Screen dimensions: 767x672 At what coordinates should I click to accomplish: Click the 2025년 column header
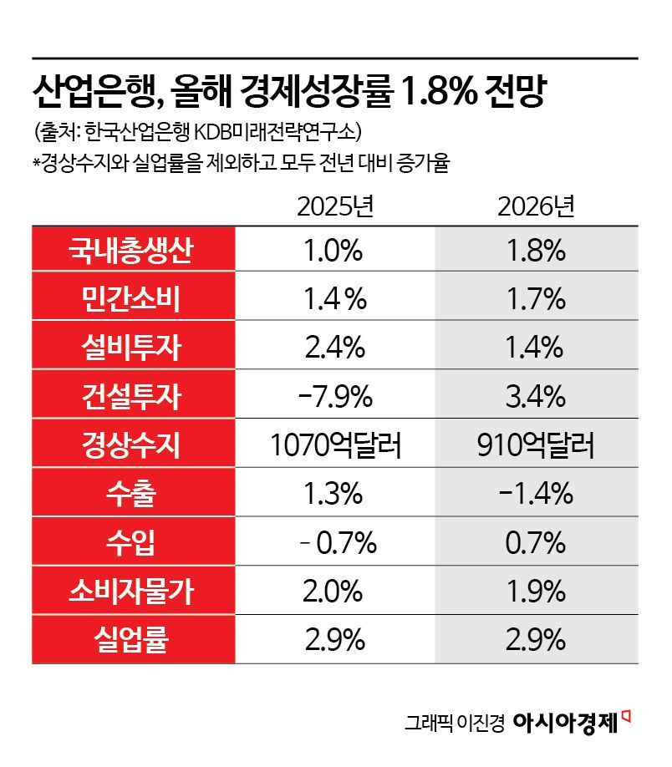click(333, 207)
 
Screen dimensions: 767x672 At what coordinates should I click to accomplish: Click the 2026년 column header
click(536, 207)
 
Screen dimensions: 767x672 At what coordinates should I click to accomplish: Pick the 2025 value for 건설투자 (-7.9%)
click(333, 397)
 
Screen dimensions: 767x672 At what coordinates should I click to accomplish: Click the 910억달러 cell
click(536, 445)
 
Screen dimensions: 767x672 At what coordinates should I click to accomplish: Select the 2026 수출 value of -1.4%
click(536, 494)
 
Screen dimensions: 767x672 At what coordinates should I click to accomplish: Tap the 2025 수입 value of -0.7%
click(333, 543)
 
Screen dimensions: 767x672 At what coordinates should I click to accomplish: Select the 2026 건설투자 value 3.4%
click(536, 397)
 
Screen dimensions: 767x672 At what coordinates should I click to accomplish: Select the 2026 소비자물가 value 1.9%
click(536, 592)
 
